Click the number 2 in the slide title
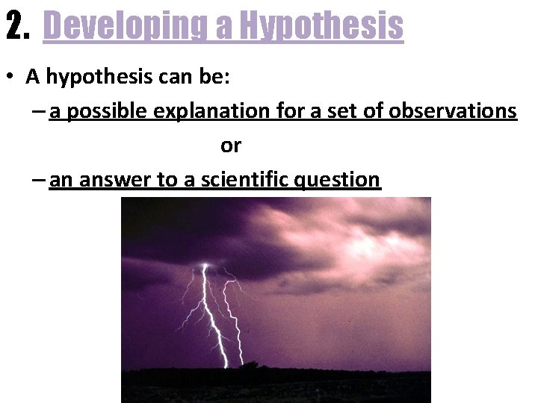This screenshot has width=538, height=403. [13, 26]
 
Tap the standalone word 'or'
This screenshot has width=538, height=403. [231, 146]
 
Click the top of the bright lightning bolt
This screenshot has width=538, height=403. [204, 266]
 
